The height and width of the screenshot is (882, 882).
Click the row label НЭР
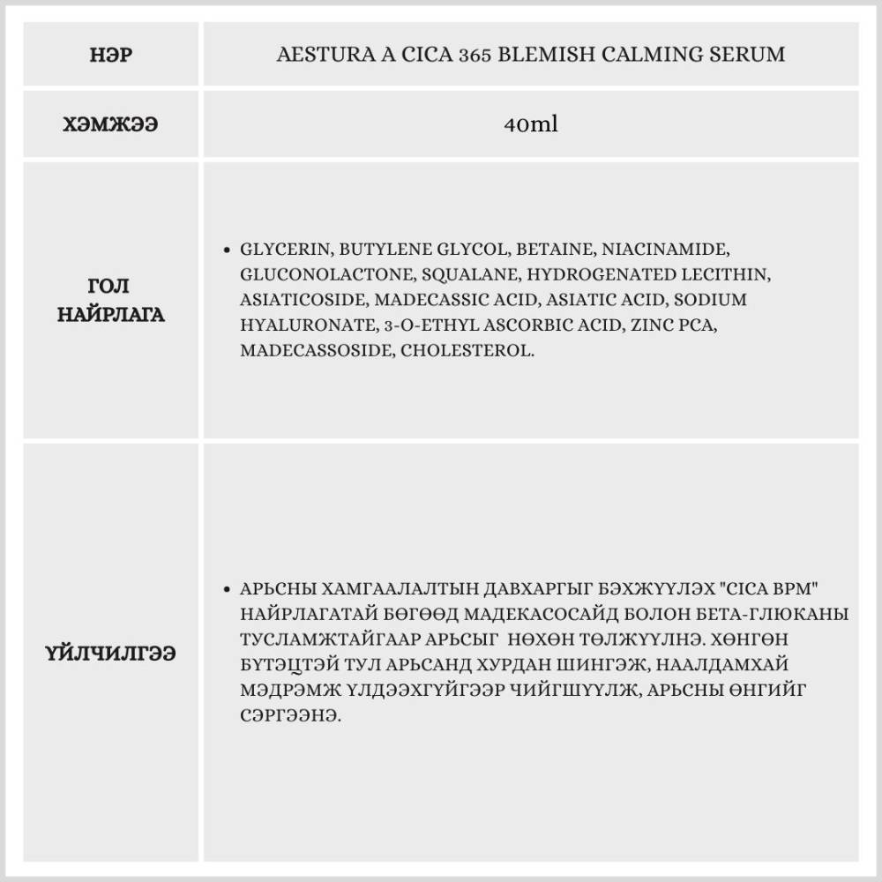111,55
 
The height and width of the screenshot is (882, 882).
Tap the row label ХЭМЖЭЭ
111,124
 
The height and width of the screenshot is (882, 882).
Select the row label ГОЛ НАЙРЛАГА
111,300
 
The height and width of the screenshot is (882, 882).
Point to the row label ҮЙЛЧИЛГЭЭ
111,654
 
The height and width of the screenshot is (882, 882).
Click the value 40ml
531,124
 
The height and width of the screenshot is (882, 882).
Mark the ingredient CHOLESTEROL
468,350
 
